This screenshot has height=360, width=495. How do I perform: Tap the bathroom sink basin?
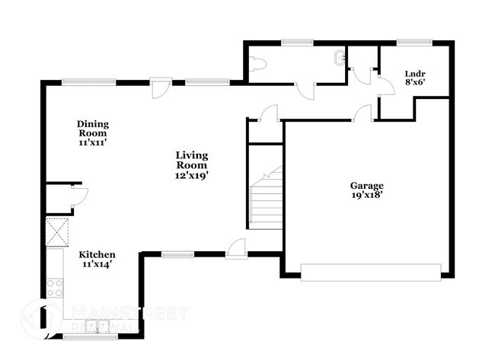click(338, 58)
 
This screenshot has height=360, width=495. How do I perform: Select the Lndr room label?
click(415, 74)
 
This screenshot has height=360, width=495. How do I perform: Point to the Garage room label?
click(366, 185)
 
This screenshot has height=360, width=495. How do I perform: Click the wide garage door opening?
click(371, 272)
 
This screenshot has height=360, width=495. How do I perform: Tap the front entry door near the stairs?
click(237, 247)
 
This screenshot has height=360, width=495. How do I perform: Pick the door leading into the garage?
click(362, 114)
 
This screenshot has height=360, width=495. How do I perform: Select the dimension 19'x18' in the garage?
click(366, 196)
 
